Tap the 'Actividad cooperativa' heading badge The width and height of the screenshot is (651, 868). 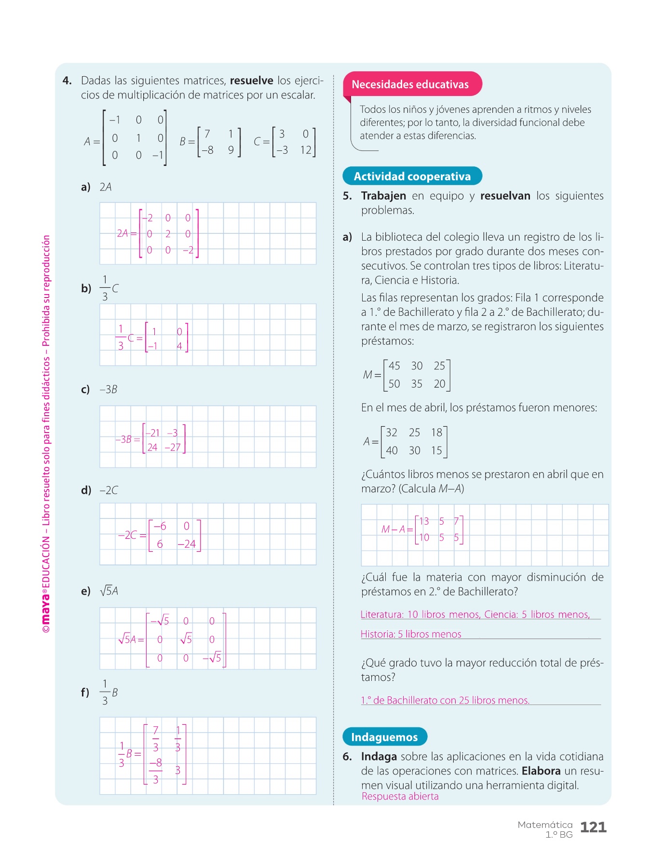click(412, 176)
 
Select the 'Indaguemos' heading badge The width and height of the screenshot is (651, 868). click(384, 737)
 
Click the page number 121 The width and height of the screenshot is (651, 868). click(593, 827)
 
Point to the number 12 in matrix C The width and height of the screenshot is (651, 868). click(306, 150)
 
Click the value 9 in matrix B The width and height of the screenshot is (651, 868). click(231, 150)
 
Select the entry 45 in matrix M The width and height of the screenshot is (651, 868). click(394, 366)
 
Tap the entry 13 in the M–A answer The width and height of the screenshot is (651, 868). click(424, 521)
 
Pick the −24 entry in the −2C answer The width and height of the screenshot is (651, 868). click(187, 544)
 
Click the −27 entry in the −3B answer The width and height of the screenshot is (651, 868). click(173, 448)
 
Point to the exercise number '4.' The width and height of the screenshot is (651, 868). click(67, 81)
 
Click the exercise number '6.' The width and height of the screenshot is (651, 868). click(347, 757)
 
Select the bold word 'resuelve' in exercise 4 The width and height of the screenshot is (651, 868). click(251, 81)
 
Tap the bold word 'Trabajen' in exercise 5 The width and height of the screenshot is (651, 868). click(383, 196)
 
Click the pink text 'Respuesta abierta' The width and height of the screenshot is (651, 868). click(400, 797)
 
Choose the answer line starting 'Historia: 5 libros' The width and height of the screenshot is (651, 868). click(411, 634)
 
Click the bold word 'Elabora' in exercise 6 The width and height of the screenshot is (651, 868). click(541, 771)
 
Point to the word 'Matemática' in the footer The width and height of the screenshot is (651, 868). click(545, 825)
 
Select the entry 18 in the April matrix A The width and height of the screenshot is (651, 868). click(436, 433)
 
